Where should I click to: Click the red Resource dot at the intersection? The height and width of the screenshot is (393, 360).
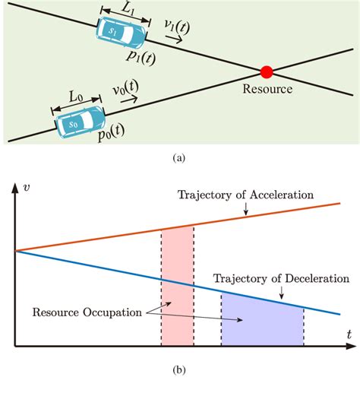coord(266,72)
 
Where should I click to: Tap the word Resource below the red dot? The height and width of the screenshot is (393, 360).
coord(267,89)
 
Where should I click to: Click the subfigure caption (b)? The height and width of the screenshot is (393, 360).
coord(179,371)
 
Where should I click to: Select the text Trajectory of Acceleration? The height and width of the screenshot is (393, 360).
coord(245,195)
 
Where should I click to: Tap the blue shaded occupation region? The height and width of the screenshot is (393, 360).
coord(261,323)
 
